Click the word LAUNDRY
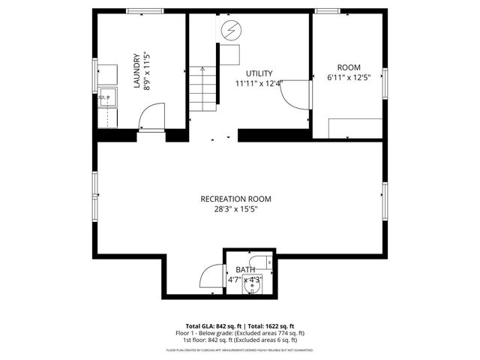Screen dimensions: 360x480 point(136,70)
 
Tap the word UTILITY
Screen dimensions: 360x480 point(258,73)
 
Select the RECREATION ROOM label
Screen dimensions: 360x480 point(235,199)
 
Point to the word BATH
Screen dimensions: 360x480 point(245,270)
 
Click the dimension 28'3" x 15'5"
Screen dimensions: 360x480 point(235,210)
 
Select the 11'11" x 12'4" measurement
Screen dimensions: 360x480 point(258,83)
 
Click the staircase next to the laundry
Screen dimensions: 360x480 point(201,88)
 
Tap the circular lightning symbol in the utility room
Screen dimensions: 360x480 point(231,31)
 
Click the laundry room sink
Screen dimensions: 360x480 point(106,96)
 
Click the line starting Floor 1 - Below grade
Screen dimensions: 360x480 point(240,333)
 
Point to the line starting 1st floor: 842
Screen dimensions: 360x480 point(240,340)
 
